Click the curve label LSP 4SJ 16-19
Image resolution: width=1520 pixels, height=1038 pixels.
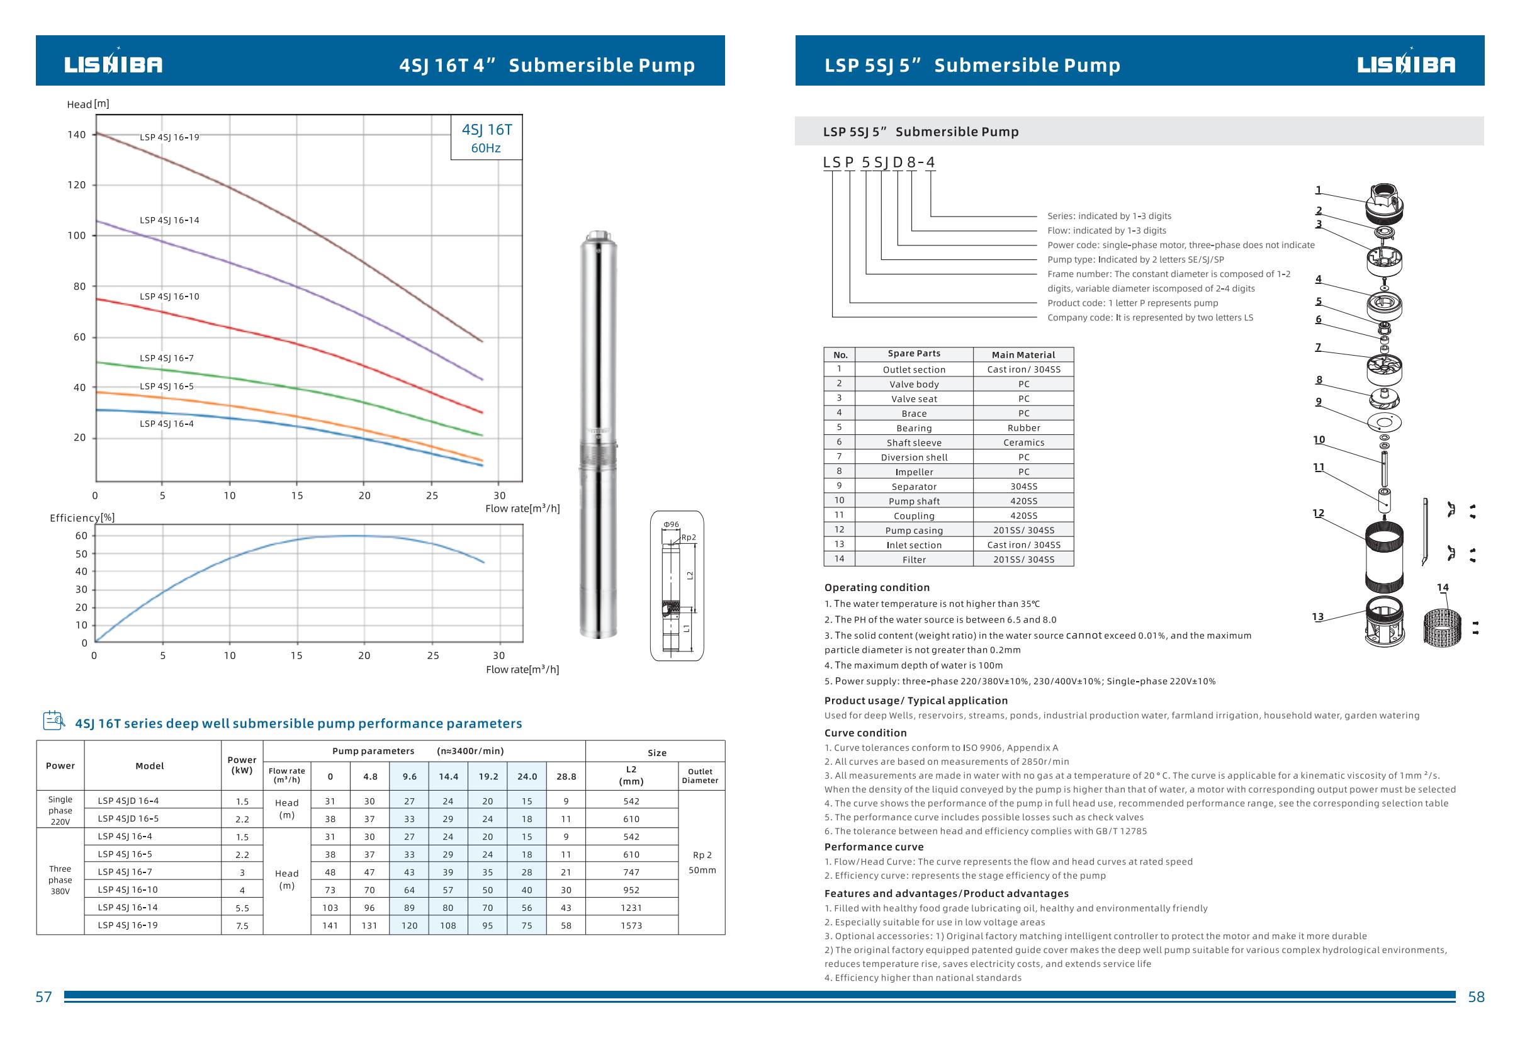tap(169, 137)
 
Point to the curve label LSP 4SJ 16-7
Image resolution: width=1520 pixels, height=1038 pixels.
tap(167, 358)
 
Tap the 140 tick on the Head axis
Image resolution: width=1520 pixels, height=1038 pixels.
tap(77, 135)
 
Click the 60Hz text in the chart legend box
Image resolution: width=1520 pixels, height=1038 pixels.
tap(486, 149)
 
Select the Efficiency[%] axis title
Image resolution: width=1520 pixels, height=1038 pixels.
tap(82, 518)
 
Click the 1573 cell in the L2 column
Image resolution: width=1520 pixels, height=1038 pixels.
tap(631, 925)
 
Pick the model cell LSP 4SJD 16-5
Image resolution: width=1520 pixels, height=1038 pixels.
tap(128, 819)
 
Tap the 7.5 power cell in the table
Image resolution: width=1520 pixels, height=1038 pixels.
tap(242, 926)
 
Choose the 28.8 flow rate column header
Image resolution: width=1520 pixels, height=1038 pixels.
tap(566, 777)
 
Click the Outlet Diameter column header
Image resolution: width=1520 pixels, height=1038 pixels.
tap(701, 776)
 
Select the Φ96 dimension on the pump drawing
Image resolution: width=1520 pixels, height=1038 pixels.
tap(671, 524)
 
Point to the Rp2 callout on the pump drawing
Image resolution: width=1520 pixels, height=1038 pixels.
tap(689, 538)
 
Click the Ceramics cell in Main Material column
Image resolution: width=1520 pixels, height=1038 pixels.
tap(1023, 443)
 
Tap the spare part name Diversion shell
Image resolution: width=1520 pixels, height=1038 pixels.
tap(914, 458)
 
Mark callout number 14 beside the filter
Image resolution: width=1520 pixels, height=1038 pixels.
tap(1443, 587)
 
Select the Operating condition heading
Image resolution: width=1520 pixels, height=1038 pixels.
tap(876, 588)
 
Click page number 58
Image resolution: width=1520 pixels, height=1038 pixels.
tap(1476, 998)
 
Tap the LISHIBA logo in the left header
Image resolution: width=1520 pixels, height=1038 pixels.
tap(113, 64)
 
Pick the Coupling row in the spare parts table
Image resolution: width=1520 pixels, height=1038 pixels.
tap(914, 516)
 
